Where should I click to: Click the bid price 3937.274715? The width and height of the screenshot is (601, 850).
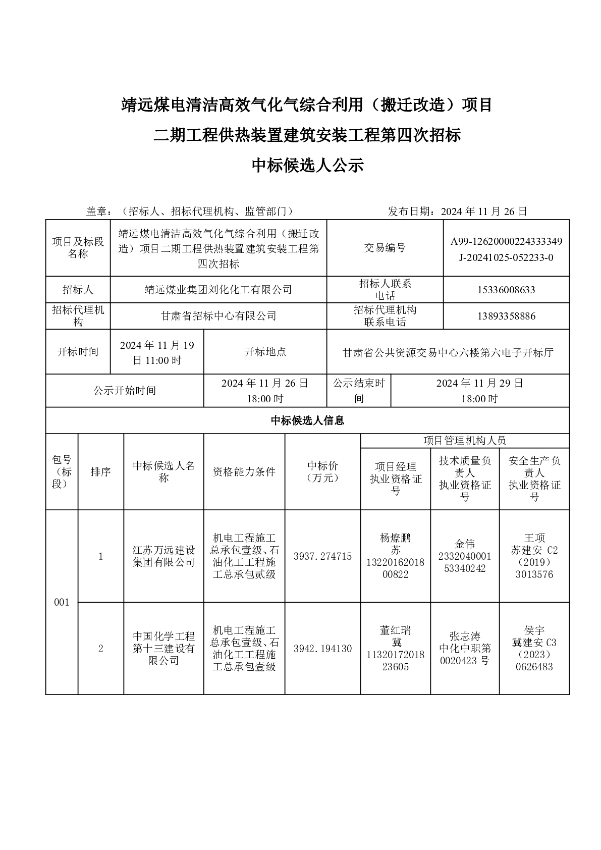click(x=322, y=556)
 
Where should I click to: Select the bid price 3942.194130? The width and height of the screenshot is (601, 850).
click(x=322, y=649)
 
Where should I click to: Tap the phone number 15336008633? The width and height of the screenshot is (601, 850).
click(x=506, y=290)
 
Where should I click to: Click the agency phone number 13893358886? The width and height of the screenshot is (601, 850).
click(x=506, y=316)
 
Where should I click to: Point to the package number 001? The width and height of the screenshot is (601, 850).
click(x=62, y=602)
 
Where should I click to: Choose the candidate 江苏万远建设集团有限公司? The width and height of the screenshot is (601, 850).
click(x=163, y=556)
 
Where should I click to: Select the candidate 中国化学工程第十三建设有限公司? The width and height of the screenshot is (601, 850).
click(x=163, y=649)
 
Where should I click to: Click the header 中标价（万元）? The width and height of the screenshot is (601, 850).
click(x=322, y=472)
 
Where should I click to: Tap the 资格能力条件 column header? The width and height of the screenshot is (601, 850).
click(x=244, y=472)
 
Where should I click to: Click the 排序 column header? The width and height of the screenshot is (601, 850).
click(x=100, y=472)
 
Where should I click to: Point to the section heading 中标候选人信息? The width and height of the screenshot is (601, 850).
click(x=307, y=420)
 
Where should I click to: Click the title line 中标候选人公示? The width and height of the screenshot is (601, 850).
click(x=307, y=166)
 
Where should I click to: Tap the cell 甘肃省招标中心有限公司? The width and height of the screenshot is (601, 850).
click(x=218, y=316)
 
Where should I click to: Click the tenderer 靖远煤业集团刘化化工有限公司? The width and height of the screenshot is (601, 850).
click(x=218, y=290)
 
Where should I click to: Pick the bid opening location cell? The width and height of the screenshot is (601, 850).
click(x=448, y=352)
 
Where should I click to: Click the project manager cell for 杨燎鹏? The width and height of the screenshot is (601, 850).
click(x=396, y=556)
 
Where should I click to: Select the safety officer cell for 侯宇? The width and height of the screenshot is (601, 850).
click(x=534, y=649)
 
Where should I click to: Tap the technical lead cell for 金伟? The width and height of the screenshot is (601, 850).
click(x=465, y=556)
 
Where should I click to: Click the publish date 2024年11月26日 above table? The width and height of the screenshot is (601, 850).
click(x=483, y=211)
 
